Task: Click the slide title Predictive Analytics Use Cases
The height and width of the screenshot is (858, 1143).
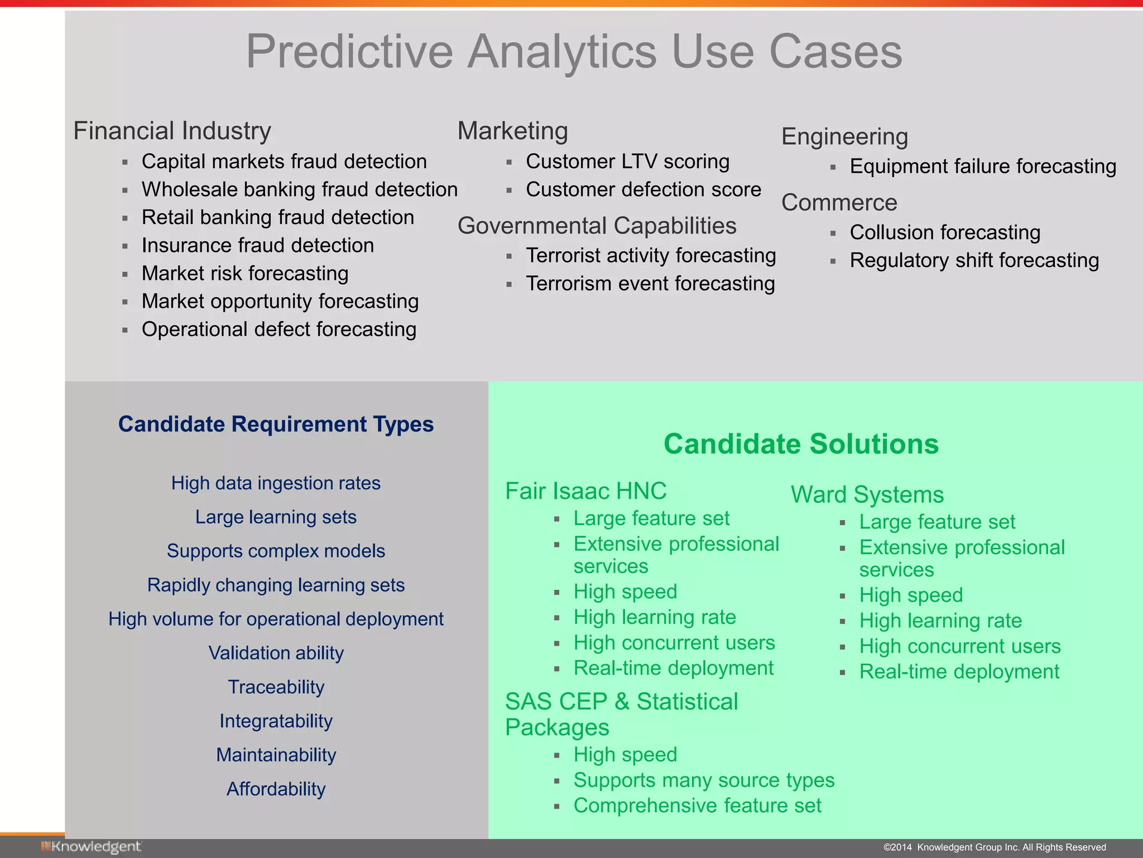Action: pos(574,51)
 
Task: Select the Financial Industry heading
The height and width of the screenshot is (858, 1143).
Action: pos(172,131)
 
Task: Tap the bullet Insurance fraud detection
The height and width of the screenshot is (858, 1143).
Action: pos(257,245)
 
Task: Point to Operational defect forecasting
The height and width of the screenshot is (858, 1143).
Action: pos(278,329)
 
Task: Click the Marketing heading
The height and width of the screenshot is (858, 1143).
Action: pos(512,131)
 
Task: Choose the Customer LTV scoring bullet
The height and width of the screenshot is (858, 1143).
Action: pos(627,161)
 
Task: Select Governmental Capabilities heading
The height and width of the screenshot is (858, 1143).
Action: pos(597,226)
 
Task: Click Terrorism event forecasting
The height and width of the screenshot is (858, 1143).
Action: pos(650,283)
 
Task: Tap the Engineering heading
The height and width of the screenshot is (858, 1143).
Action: pos(844,136)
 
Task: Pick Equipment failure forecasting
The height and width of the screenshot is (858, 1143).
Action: pos(982,166)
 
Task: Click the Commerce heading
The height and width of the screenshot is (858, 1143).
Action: pos(839,202)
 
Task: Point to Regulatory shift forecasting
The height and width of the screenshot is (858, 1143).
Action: pos(974,260)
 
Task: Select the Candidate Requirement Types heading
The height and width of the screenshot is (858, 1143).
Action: pos(276,424)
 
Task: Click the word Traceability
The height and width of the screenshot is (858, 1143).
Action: pos(276,687)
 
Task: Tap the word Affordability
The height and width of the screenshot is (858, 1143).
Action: pos(276,789)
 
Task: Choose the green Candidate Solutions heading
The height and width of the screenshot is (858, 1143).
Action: pos(801,444)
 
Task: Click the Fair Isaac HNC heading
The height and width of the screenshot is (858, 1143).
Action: pos(585,491)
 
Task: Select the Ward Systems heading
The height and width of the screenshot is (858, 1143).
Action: pos(867,494)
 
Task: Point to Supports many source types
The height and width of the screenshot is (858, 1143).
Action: pos(703,780)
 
